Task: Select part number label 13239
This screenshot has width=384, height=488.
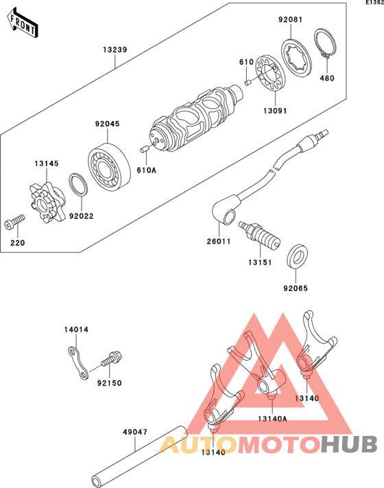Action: click(x=115, y=50)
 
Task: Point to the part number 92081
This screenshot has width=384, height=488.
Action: click(x=291, y=20)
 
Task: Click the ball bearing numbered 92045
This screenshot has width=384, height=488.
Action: click(x=109, y=166)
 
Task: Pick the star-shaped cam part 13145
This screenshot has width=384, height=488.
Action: click(x=47, y=203)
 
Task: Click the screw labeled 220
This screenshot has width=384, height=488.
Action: click(x=14, y=221)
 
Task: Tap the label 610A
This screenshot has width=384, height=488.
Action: click(x=147, y=170)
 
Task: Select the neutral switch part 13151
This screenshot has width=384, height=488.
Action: click(x=259, y=235)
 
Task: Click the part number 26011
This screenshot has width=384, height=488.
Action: click(x=219, y=241)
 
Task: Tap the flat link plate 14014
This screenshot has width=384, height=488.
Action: click(x=78, y=363)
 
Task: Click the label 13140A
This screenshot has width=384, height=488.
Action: click(x=272, y=419)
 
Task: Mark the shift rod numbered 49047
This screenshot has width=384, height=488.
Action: click(x=139, y=457)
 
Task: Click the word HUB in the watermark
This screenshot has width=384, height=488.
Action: click(x=349, y=445)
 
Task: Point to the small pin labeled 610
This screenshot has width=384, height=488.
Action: click(x=248, y=83)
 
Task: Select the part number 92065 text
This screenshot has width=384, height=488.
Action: click(x=296, y=288)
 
